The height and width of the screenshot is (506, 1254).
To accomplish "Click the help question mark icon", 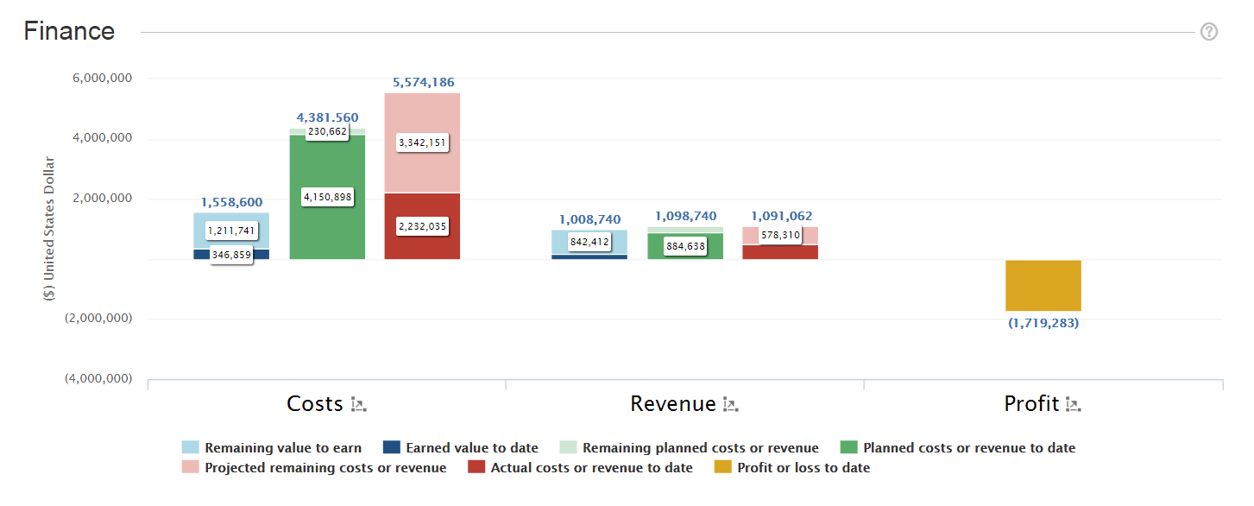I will click(x=1209, y=32).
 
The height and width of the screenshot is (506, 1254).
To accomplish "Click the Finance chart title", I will click(x=69, y=31).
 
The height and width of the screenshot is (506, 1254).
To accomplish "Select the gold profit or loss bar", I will click(x=1043, y=285).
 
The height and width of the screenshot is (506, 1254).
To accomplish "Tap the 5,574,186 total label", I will click(x=423, y=82).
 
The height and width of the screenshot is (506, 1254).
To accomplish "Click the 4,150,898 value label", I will click(x=327, y=198).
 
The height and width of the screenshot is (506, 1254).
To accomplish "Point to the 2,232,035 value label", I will click(x=423, y=226).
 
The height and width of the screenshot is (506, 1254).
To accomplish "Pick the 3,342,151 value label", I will click(x=423, y=142).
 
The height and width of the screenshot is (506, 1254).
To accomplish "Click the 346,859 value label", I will click(x=231, y=256).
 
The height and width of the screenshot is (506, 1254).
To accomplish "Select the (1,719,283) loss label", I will click(x=1043, y=324).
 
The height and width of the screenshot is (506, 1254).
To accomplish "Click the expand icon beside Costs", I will click(x=359, y=404).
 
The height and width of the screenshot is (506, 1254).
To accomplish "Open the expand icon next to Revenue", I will click(x=730, y=404).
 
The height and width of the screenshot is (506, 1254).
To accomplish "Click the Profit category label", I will click(x=1031, y=404).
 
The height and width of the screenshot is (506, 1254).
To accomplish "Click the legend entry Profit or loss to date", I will click(x=803, y=467).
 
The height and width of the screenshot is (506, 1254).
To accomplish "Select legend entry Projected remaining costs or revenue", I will click(x=325, y=467).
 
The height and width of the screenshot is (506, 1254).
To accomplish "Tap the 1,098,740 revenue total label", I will click(x=685, y=216).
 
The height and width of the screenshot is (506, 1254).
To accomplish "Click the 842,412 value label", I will click(x=589, y=242).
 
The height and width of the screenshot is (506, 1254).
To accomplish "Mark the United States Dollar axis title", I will click(x=50, y=228).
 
